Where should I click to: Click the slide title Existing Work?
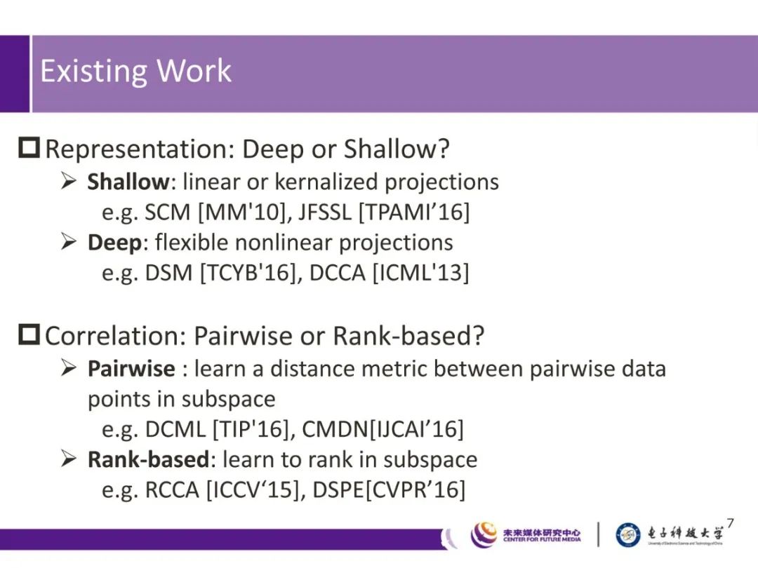pos(136,71)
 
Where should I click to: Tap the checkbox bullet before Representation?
pos(29,147)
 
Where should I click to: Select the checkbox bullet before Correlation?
pos(29,334)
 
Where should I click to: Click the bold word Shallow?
pos(128,182)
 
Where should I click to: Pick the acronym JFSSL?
pos(325,212)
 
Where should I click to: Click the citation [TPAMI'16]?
pos(414,212)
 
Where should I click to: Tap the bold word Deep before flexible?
pos(114,243)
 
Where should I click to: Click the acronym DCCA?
pos(338,273)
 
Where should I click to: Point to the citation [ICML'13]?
pos(420,273)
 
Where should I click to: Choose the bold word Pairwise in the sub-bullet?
pos(131,369)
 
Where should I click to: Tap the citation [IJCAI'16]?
pos(416,429)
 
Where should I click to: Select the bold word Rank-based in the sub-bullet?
pos(148,459)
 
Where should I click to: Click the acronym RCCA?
pos(172,489)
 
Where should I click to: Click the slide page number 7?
pos(730,524)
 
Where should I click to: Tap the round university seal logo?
pos(628,534)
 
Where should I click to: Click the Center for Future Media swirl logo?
pos(484,534)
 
